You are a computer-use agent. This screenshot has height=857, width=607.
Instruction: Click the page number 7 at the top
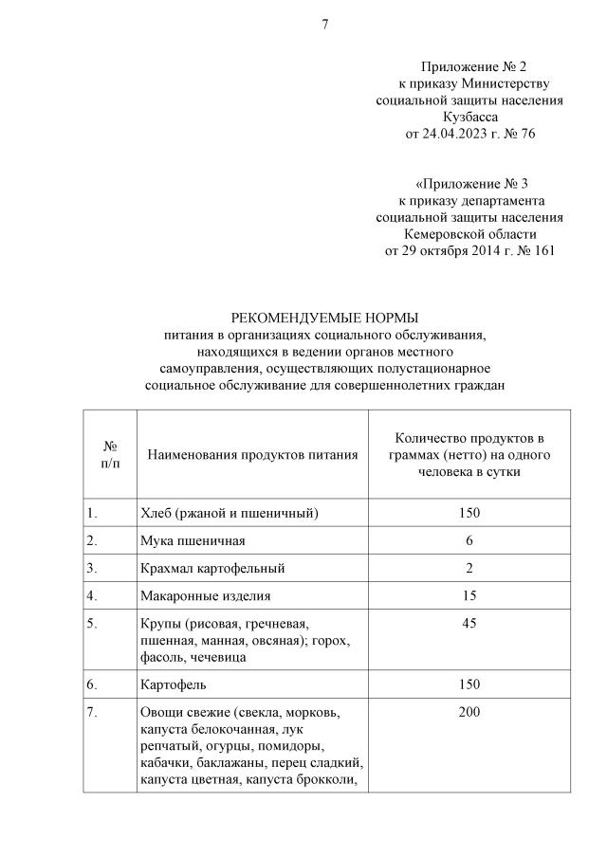pos(324,25)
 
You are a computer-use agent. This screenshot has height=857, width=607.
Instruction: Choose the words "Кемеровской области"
pos(469,234)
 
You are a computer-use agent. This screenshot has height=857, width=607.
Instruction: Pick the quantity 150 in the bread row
pos(469,513)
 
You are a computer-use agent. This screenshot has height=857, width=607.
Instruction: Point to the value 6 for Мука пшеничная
pos(469,540)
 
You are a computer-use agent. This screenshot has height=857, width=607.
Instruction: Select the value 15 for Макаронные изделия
pos(469,595)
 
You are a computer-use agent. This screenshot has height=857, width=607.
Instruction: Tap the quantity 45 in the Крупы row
pos(469,623)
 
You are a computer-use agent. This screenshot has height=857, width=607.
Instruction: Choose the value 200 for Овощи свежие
pos(469,712)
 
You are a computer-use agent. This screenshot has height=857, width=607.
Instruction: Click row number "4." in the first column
pos(92,595)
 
